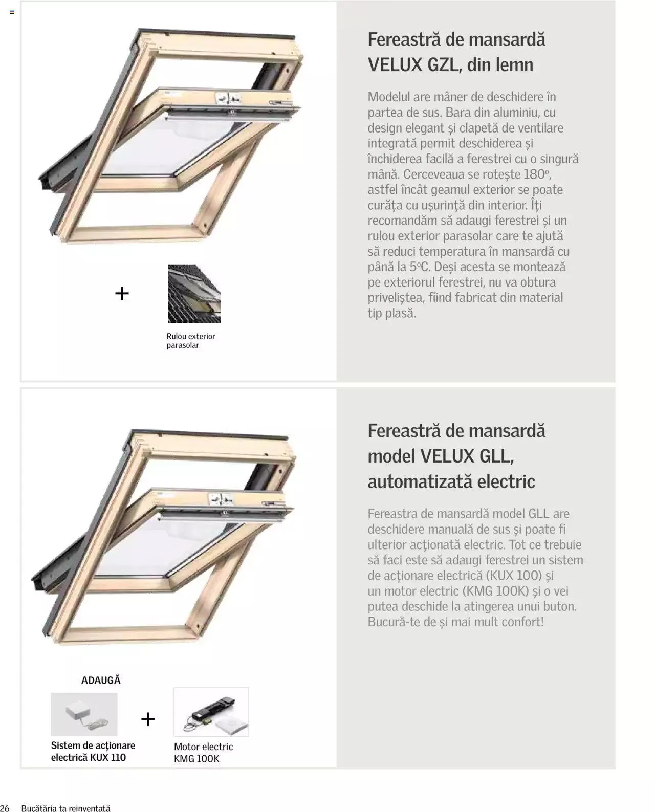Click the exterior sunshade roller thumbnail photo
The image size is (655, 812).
[x=194, y=294]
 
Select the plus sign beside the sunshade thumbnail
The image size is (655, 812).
[x=122, y=294]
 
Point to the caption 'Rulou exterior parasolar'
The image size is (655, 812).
[x=190, y=341]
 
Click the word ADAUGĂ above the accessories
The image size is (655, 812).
[x=101, y=681]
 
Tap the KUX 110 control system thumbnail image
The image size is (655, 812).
[x=84, y=714]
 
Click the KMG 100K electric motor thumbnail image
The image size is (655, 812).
[x=211, y=712]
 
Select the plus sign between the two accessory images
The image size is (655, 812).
[x=148, y=719]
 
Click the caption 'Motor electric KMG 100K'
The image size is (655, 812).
[x=203, y=753]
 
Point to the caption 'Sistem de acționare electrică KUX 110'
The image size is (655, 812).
[x=93, y=752]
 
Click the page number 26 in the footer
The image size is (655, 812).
[x=5, y=808]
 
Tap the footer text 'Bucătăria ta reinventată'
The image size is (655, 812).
[x=65, y=808]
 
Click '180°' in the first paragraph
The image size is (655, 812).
[x=536, y=174]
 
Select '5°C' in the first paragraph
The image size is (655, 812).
[x=420, y=267]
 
